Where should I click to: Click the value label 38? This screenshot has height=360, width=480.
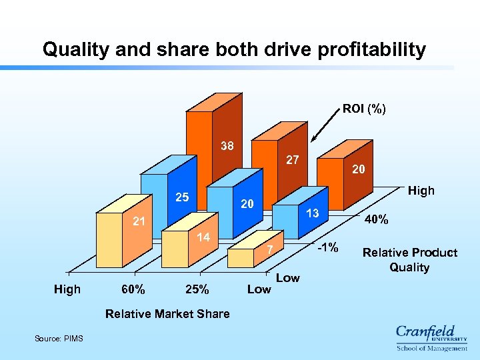pyautogui.click(x=227, y=146)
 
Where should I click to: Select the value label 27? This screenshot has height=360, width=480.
pyautogui.click(x=292, y=160)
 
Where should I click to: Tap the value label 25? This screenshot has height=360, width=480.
pyautogui.click(x=182, y=197)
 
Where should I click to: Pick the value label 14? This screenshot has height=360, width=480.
pyautogui.click(x=203, y=237)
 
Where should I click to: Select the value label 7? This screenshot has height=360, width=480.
pyautogui.click(x=270, y=250)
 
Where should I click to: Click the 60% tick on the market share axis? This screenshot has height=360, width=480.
pyautogui.click(x=134, y=289)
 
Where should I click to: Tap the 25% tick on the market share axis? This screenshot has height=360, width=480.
pyautogui.click(x=197, y=289)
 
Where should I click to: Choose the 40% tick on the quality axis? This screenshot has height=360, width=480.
pyautogui.click(x=377, y=219)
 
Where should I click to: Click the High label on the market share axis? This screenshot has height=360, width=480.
pyautogui.click(x=67, y=289)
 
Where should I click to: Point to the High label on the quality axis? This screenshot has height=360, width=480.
pyautogui.click(x=421, y=191)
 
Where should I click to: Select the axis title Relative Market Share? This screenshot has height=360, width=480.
pyautogui.click(x=167, y=313)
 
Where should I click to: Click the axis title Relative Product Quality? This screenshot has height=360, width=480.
pyautogui.click(x=409, y=260)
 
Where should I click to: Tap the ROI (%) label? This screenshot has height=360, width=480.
pyautogui.click(x=364, y=108)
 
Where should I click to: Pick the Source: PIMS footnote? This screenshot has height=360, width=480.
pyautogui.click(x=59, y=339)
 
